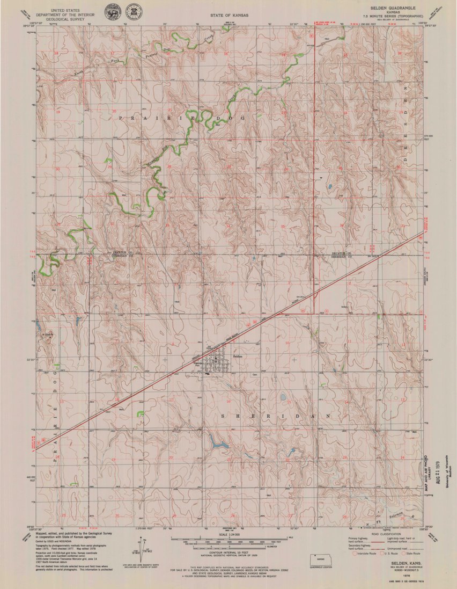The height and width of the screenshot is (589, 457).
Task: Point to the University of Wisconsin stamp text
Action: click(446, 472)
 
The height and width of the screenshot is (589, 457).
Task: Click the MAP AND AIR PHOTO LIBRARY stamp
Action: click(429, 472)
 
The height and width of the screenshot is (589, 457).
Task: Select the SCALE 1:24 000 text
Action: click(228, 535)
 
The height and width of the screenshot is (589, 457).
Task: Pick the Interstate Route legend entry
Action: click(363, 553)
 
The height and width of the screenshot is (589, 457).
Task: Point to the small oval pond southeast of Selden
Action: click(282, 397)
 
